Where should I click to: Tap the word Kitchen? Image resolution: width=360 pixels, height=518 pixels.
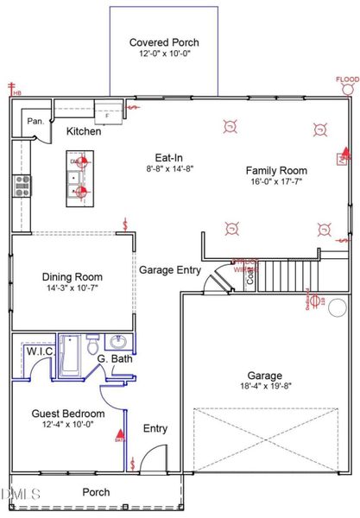pyautogui.click(x=84, y=131)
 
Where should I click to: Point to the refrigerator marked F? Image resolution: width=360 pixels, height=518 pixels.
pyautogui.click(x=107, y=113)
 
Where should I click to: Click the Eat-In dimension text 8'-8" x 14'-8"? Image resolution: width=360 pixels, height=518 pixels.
pyautogui.click(x=167, y=170)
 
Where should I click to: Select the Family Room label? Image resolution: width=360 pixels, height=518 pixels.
pyautogui.click(x=276, y=170)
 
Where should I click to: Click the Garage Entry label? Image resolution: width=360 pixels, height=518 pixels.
pyautogui.click(x=170, y=269)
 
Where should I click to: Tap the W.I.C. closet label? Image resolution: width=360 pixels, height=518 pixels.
pyautogui.click(x=41, y=352)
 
